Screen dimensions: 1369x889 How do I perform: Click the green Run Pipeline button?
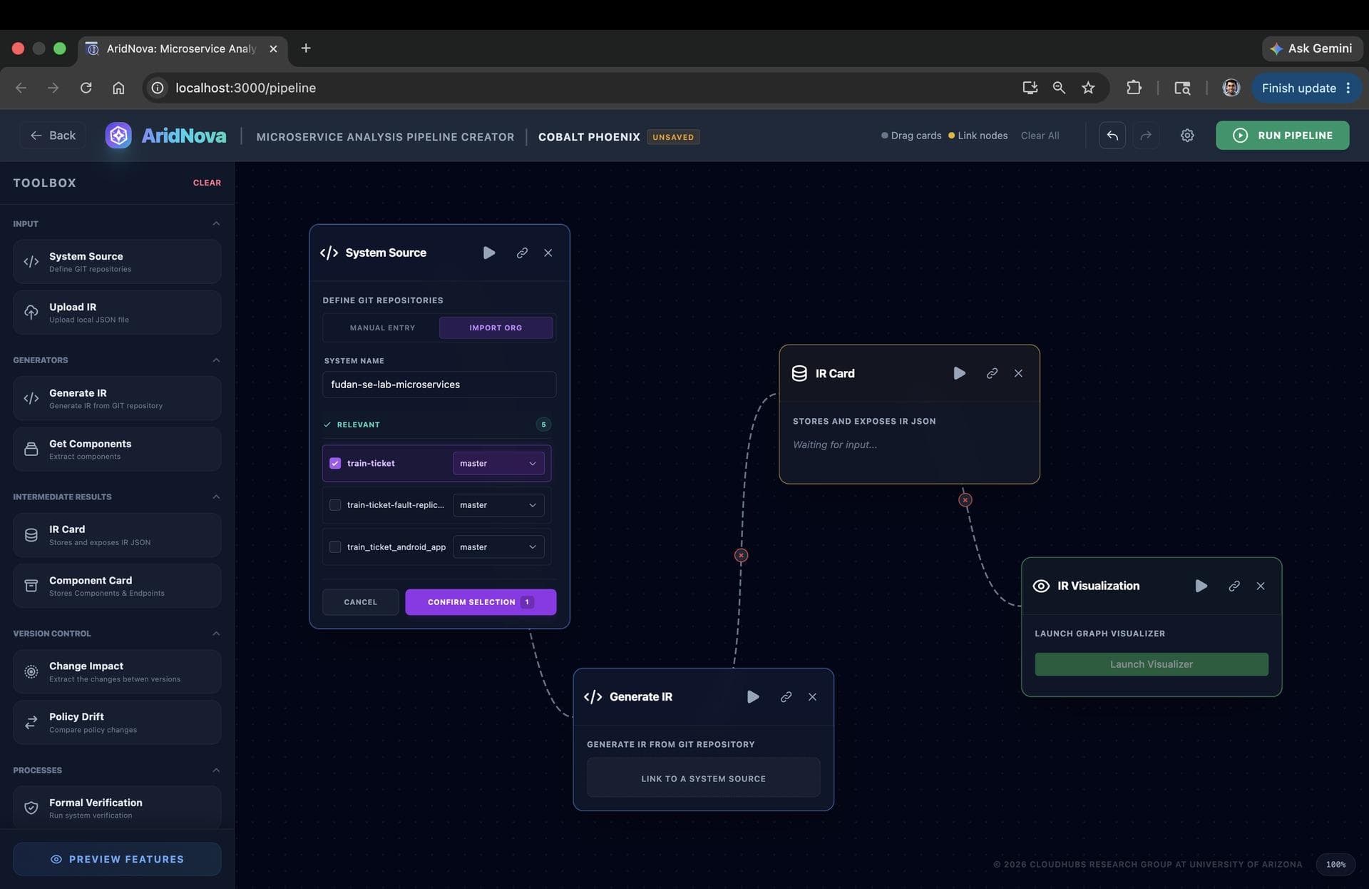click(1282, 136)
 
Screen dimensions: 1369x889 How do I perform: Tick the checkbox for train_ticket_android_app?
click(335, 547)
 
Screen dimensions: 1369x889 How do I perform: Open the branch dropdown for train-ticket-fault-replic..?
click(498, 505)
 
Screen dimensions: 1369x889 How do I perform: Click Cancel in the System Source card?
click(360, 602)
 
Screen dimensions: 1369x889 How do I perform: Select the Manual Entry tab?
click(382, 328)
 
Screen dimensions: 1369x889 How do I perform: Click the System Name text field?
click(439, 385)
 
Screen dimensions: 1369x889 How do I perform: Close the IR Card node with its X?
click(1018, 373)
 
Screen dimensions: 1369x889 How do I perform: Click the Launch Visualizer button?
click(1152, 664)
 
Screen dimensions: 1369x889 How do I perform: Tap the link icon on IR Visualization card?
click(1234, 586)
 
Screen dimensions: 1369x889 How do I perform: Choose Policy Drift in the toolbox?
click(117, 723)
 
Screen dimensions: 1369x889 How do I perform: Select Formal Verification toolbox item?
click(117, 808)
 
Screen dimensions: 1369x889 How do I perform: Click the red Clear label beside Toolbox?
click(207, 183)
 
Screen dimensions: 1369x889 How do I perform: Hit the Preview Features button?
click(117, 860)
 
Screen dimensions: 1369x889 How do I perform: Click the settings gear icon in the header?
click(1187, 136)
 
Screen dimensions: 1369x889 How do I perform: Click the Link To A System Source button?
click(703, 778)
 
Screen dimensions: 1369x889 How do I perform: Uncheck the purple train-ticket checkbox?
click(335, 464)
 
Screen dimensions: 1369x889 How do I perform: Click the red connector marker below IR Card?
click(965, 500)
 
